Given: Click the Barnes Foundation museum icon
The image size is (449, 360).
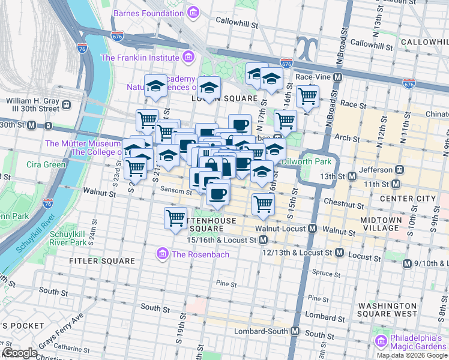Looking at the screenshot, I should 193,13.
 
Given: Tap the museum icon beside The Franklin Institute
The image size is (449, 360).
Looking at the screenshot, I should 188,58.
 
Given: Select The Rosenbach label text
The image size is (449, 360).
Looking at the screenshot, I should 200,254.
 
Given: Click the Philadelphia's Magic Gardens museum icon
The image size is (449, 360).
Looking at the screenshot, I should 381,341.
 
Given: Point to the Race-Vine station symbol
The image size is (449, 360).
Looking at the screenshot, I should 337,77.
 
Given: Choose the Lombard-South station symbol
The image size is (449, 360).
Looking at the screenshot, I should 295,331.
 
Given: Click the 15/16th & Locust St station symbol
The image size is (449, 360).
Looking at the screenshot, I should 263,240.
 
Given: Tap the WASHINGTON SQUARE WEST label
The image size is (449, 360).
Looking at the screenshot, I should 387,309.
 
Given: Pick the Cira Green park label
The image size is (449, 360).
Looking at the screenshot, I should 46,164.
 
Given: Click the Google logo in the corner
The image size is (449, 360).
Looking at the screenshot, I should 20,353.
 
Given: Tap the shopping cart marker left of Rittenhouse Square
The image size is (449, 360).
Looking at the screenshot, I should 175,218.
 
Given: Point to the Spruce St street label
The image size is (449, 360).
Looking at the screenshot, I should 327,273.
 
